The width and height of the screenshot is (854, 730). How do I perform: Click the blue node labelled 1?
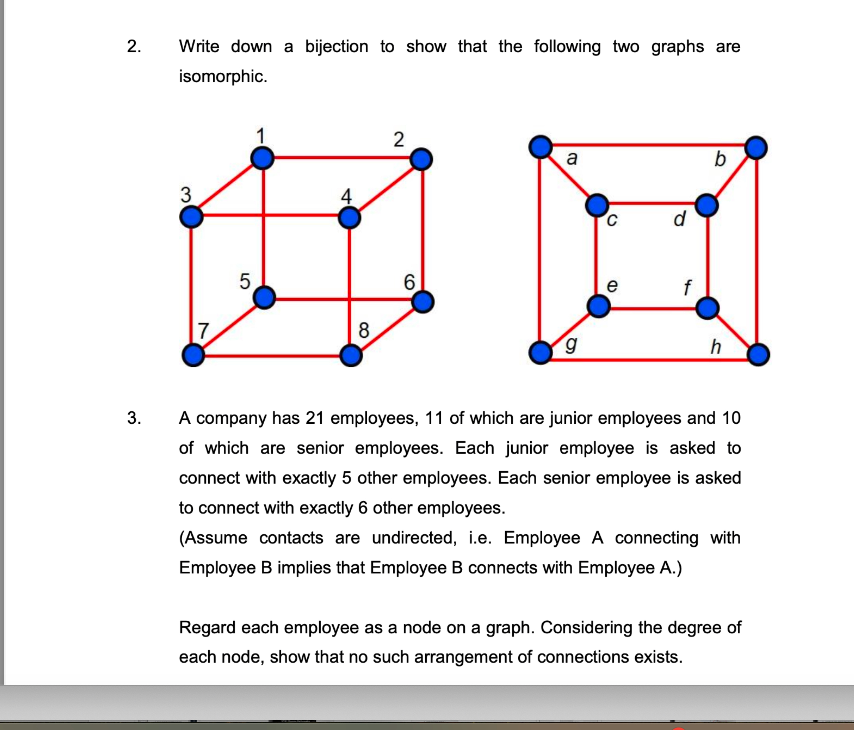click(x=262, y=158)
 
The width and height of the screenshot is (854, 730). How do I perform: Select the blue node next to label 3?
click(x=191, y=217)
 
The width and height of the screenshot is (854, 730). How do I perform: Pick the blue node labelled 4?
click(x=349, y=218)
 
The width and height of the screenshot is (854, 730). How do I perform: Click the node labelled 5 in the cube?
click(x=264, y=298)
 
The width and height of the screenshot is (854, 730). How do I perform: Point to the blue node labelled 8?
click(x=351, y=356)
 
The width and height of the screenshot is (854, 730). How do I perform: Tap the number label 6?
click(x=409, y=282)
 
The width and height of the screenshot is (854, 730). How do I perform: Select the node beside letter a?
click(x=540, y=147)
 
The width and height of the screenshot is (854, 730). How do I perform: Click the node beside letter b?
click(x=756, y=148)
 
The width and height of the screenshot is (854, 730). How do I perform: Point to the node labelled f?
click(x=707, y=308)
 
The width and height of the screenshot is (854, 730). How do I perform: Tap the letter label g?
click(x=571, y=344)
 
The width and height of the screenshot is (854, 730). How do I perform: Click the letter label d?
click(x=679, y=218)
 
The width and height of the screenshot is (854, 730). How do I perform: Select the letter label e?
click(x=612, y=285)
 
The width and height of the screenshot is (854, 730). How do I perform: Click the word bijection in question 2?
click(x=336, y=46)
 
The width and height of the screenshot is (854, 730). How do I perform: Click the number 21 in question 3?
click(x=314, y=418)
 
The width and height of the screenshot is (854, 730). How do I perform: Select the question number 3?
click(x=134, y=418)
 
